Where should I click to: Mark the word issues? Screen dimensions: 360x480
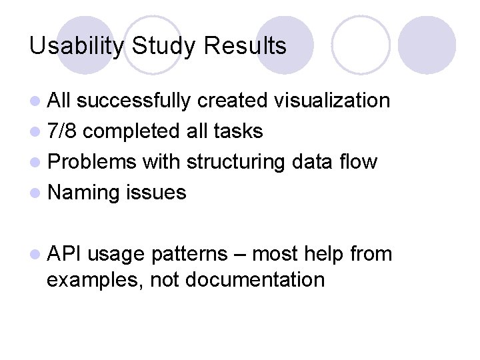(156, 193)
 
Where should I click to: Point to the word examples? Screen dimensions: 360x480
(95, 279)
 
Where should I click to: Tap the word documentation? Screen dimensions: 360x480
(255, 279)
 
